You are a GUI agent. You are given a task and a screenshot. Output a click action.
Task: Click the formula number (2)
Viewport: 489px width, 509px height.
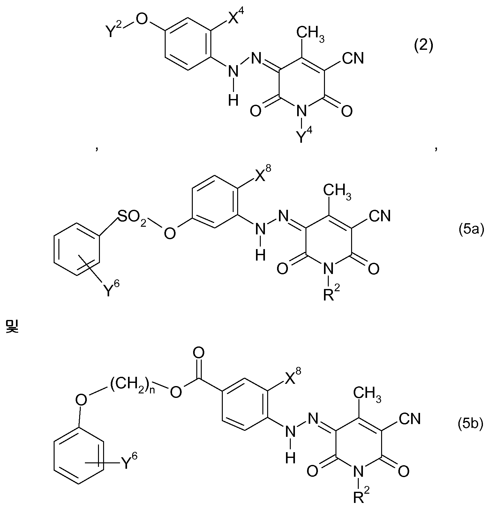(424, 46)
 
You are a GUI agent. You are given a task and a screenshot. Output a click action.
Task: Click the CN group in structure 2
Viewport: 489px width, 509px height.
(353, 58)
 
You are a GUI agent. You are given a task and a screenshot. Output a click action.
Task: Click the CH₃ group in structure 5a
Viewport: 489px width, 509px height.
(336, 192)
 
